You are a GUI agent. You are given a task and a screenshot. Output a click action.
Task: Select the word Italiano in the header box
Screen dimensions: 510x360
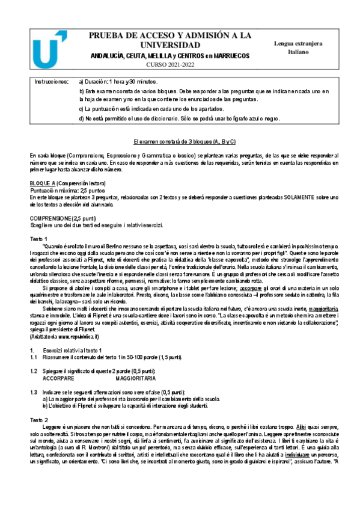pos(296,52)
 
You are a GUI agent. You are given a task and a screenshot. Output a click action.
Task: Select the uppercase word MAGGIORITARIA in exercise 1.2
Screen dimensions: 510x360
pos(135,379)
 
